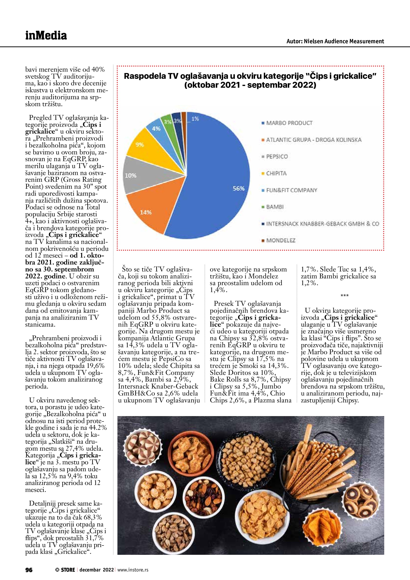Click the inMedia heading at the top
tap(46, 36)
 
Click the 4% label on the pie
tap(156, 129)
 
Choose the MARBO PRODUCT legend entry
tap(289, 123)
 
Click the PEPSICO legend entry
tap(277, 157)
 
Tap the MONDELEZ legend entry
tap(280, 240)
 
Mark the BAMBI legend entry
tap(275, 207)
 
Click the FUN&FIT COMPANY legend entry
tap(291, 190)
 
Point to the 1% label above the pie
tap(195, 119)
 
